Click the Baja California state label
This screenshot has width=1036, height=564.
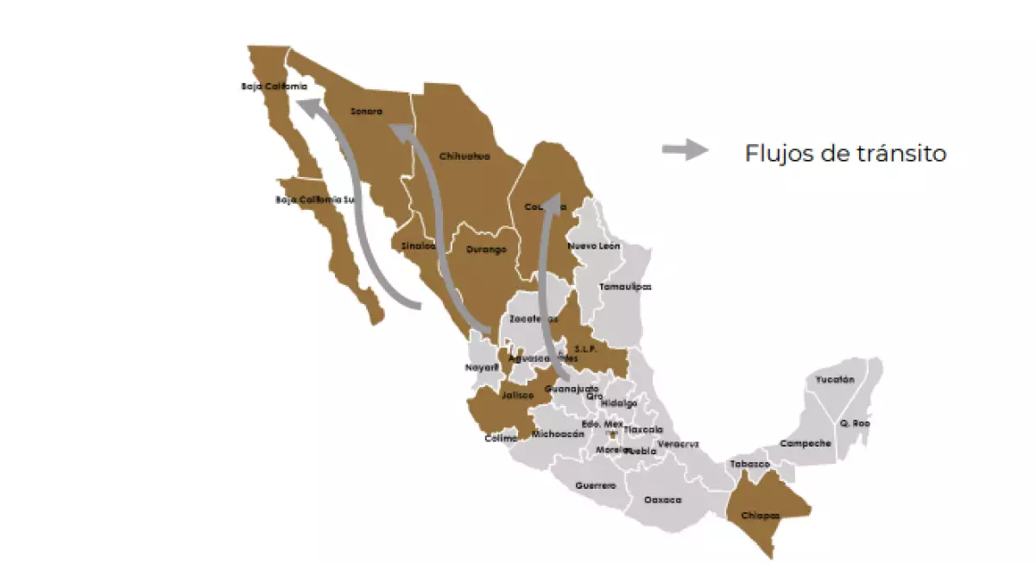click(275, 86)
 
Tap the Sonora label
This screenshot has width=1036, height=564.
click(366, 111)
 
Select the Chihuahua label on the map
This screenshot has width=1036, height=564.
click(464, 156)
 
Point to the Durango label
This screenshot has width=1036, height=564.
click(486, 250)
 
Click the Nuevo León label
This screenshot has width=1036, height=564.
click(594, 246)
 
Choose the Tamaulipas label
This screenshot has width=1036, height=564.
click(626, 287)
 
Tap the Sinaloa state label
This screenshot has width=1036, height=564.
click(418, 246)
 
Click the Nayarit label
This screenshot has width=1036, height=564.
click(483, 367)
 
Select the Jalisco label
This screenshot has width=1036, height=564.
click(518, 396)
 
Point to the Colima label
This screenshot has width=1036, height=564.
click(502, 438)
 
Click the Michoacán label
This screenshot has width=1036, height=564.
click(559, 434)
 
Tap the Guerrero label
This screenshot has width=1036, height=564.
click(596, 485)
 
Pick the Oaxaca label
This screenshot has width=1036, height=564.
click(663, 500)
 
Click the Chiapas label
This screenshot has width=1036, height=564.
click(761, 516)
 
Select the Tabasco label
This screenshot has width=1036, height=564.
click(749, 464)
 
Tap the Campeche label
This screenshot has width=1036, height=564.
click(805, 443)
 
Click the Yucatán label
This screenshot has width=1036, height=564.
click(835, 379)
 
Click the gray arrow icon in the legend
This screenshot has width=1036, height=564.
click(685, 150)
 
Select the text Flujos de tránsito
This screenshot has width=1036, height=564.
click(845, 154)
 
